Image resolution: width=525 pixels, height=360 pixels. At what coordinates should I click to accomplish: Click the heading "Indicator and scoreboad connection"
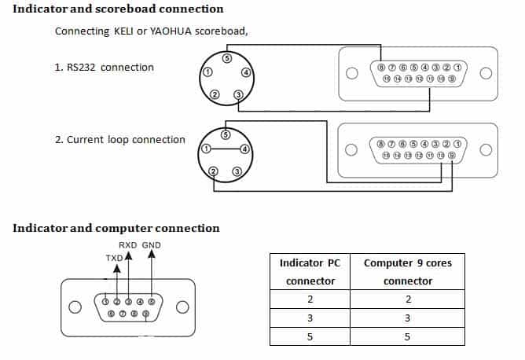[118, 9]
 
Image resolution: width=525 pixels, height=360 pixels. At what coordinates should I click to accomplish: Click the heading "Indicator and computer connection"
[116, 228]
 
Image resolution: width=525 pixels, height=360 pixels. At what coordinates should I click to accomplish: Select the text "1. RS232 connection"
[105, 67]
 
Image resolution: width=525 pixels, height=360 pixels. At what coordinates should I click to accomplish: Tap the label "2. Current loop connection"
[120, 139]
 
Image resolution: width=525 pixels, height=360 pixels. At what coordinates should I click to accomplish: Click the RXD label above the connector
[127, 245]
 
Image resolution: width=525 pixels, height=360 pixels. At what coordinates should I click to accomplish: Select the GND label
[151, 245]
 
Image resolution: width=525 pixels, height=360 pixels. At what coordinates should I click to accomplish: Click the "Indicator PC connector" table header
[310, 271]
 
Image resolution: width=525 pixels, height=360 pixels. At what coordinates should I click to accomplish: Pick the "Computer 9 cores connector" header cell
[408, 271]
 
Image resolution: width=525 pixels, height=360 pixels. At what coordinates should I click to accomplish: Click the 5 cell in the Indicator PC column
[310, 336]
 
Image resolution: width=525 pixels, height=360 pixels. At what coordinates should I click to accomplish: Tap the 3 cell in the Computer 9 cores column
[408, 318]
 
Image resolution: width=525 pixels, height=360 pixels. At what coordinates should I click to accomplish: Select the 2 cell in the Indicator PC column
[310, 299]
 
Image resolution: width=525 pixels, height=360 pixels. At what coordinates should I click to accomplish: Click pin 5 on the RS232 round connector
[227, 58]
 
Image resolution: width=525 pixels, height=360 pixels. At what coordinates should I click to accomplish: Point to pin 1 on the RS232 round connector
[207, 72]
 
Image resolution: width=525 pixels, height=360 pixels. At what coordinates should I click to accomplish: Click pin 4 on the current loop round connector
[245, 149]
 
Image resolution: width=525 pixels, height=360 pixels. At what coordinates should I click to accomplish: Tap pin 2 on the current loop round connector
[213, 171]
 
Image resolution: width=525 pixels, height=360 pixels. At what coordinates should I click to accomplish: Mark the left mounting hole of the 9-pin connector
[75, 307]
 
